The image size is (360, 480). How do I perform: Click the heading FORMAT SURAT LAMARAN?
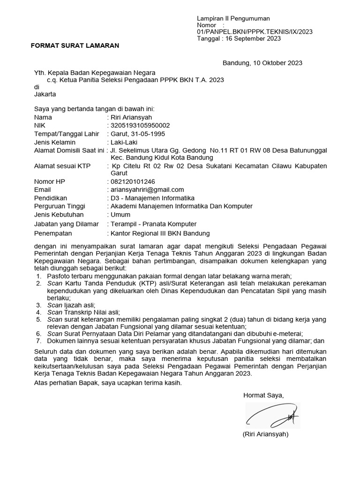point(75,45)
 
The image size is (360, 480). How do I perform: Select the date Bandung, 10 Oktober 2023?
point(262,63)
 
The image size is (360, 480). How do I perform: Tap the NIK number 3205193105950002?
point(140,126)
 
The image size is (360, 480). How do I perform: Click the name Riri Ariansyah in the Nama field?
point(131,117)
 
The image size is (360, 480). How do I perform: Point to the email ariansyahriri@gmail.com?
point(147,189)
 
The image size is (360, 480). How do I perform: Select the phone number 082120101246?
point(133,181)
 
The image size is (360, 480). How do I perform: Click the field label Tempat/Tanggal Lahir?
point(67,134)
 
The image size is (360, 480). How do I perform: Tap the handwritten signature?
point(272,415)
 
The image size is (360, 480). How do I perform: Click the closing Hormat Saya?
point(263,396)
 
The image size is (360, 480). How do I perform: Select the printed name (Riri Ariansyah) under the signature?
point(265,434)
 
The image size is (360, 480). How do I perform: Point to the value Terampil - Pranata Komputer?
point(153,224)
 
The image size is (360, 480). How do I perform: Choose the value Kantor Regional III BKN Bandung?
point(160,233)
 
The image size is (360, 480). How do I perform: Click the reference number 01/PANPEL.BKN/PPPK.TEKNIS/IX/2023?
point(255,32)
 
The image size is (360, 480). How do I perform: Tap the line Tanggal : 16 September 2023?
point(239,38)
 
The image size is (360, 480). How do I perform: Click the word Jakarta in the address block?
point(45,94)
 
